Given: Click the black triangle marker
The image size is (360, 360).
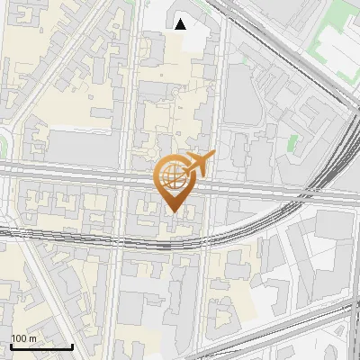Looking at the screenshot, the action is [181, 24].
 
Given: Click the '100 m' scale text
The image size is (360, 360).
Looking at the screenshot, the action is [23, 338].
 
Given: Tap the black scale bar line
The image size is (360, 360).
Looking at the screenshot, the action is [41, 346].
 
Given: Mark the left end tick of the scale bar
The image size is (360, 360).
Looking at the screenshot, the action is [11, 345].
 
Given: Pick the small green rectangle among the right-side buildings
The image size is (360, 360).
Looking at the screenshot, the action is [292, 141].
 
